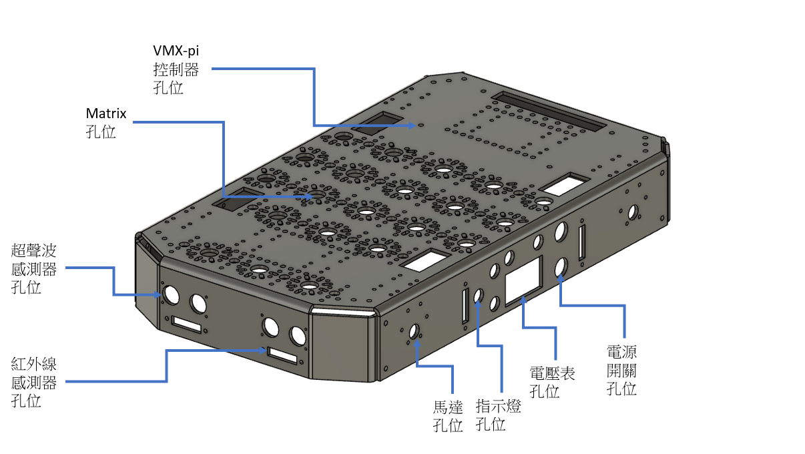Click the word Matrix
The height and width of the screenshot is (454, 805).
pos(106,113)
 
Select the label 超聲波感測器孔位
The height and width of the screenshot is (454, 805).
pos(34,269)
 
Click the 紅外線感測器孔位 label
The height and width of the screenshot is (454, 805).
pos(34,383)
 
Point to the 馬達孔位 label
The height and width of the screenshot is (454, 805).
pos(448,415)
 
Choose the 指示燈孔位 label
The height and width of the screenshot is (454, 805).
pos(499,415)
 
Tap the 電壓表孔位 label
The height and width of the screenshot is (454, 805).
pos(552,381)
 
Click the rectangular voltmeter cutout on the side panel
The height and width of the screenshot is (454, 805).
pos(524,280)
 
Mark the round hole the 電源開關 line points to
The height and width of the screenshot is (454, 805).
pos(561,267)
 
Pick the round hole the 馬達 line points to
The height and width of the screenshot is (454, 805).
pos(414,330)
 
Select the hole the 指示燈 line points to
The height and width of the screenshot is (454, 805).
pos(479,296)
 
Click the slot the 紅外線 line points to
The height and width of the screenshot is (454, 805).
pos(282,355)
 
